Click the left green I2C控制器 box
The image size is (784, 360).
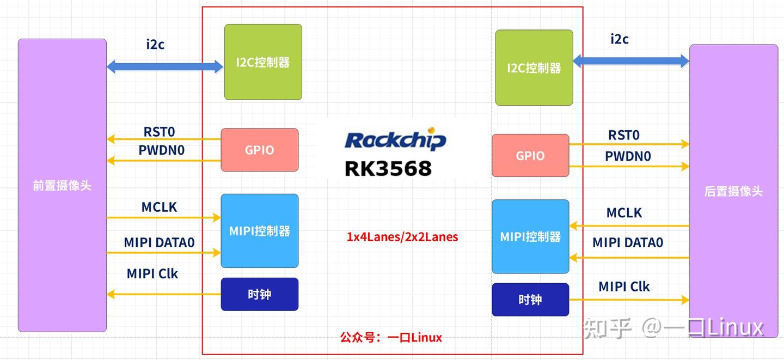pos(263,62)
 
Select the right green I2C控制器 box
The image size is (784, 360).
pos(534,68)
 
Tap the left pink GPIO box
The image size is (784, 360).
pos(259,150)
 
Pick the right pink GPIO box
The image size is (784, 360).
pos(530,156)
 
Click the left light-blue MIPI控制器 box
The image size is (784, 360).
pos(259,231)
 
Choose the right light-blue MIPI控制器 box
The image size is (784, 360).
pos(530,236)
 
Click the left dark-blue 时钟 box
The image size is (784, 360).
pos(259,294)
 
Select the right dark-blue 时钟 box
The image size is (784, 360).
pos(530,300)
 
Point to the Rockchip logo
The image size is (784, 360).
pos(395,140)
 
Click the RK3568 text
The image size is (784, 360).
pos(388,168)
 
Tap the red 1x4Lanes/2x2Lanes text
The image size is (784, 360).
pos(402,237)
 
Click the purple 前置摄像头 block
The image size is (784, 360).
pos(62,185)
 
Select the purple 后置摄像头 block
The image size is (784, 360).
pos(733,191)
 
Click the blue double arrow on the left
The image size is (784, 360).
pos(165,66)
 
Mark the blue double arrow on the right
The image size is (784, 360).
pos(631,61)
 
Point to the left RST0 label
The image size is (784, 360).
pos(159,132)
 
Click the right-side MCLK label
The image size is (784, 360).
pos(624,213)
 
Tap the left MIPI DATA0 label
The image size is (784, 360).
pos(159,242)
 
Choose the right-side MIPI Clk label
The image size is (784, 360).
pos(624,286)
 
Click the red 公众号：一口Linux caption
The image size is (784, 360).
pos(391,338)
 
